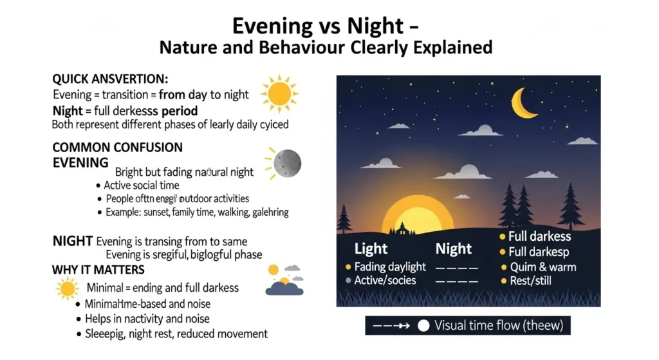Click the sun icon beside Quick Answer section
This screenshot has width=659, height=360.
[x=279, y=93]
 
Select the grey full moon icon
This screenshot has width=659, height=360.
[x=286, y=164]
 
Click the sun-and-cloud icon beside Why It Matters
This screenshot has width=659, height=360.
[x=284, y=279]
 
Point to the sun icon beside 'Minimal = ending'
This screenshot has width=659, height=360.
[x=67, y=289]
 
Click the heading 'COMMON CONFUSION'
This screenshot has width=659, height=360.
[x=117, y=147]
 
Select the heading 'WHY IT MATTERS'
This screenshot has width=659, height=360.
[x=98, y=269]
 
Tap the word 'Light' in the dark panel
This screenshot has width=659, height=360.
[x=371, y=249]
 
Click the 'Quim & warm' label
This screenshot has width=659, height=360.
[x=543, y=267]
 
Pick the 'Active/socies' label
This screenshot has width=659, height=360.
[x=385, y=281]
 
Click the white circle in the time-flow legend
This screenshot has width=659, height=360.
[x=423, y=326]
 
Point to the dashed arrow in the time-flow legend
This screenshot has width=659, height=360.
[x=392, y=326]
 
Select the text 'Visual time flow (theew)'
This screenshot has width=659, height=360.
[x=499, y=326]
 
